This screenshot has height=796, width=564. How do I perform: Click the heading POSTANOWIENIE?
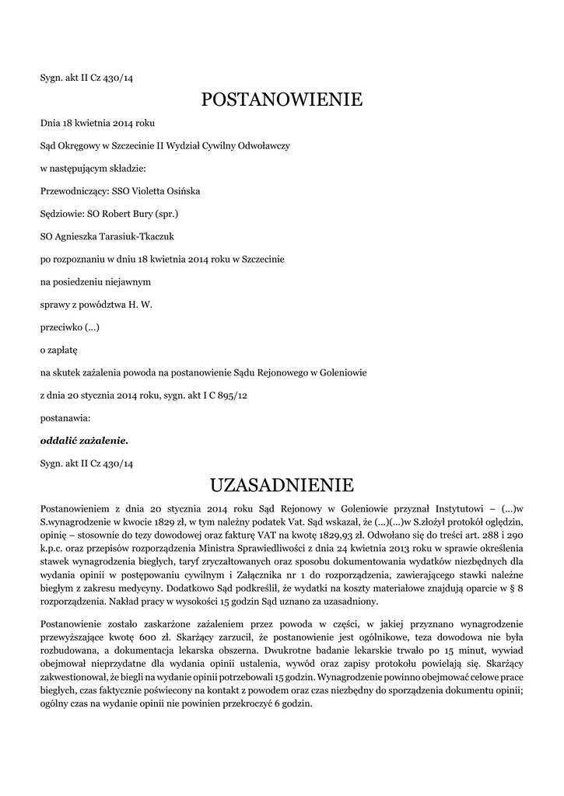(x=282, y=100)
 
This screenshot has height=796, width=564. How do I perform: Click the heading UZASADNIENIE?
(x=282, y=486)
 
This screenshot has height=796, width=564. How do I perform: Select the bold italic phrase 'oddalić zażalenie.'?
(x=84, y=441)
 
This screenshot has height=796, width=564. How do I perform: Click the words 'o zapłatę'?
(x=59, y=351)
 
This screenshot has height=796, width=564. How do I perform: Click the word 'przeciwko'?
(x=61, y=327)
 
